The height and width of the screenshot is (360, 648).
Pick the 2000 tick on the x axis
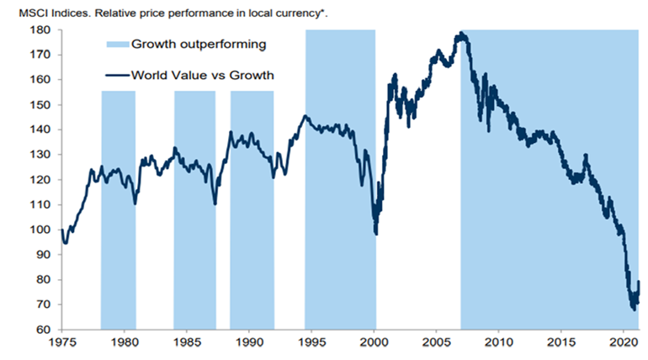[374, 343]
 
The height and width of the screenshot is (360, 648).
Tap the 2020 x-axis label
[624, 343]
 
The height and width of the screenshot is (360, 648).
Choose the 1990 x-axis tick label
[250, 343]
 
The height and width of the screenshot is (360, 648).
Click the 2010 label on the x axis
[499, 343]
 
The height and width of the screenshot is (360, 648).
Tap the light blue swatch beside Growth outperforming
[117, 45]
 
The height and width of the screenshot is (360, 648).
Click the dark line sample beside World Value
[117, 75]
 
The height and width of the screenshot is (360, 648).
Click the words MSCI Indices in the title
[39, 9]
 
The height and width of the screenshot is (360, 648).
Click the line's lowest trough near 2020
[634, 309]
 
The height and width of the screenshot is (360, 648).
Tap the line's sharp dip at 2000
[375, 233]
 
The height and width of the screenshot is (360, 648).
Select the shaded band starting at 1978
[118, 210]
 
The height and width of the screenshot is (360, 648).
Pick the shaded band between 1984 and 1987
[194, 210]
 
